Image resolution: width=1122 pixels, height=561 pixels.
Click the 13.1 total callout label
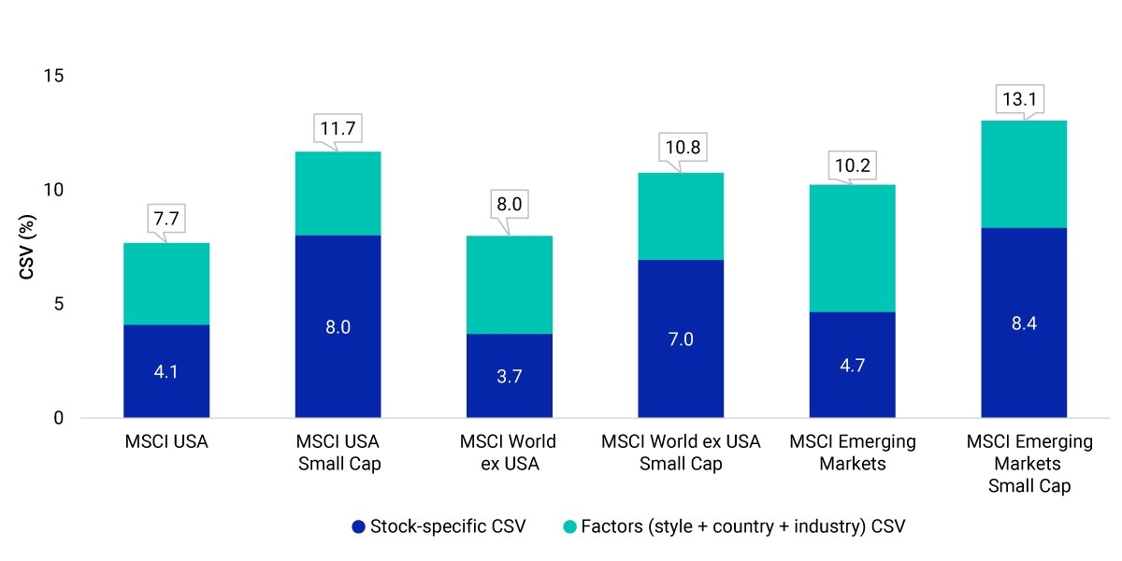click(x=1019, y=99)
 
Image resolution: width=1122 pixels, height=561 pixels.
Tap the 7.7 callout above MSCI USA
click(x=166, y=219)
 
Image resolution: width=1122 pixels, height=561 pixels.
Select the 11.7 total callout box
click(x=338, y=128)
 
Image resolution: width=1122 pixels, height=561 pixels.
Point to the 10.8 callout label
click(x=683, y=148)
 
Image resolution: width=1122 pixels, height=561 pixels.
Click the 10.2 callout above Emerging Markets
click(x=853, y=165)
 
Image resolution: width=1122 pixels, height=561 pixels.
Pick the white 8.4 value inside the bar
click(x=1024, y=324)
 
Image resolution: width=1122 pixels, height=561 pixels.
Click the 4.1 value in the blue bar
click(x=165, y=372)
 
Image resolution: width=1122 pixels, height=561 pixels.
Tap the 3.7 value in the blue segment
click(x=510, y=376)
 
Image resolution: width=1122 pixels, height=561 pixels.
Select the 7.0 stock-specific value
click(x=681, y=339)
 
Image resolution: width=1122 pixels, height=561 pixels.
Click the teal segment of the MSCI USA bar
click(x=166, y=284)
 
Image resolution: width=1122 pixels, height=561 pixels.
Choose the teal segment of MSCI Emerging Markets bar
click(x=853, y=249)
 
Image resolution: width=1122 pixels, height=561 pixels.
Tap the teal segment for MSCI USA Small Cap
click(x=338, y=194)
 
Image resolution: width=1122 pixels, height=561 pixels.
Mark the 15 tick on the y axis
click(x=53, y=76)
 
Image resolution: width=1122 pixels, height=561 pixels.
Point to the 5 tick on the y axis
click(x=59, y=304)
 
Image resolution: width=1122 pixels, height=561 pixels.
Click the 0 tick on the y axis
click(x=59, y=418)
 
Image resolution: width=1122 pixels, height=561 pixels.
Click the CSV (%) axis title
click(x=26, y=247)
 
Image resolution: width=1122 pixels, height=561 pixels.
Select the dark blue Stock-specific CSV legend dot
click(x=359, y=527)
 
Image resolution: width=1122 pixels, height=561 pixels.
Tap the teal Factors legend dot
click(x=570, y=527)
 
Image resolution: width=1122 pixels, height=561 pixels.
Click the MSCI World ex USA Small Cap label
click(x=681, y=453)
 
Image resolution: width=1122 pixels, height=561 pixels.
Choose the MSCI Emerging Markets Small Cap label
click(x=1029, y=464)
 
